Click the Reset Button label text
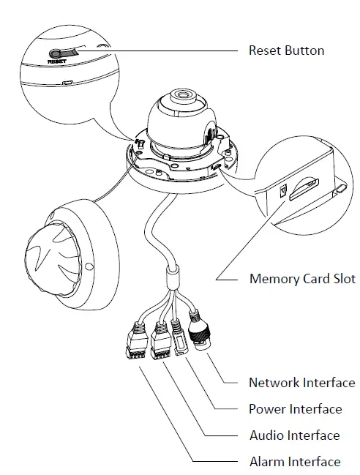pyautogui.click(x=286, y=51)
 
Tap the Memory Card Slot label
pyautogui.click(x=302, y=279)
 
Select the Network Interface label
pyautogui.click(x=301, y=383)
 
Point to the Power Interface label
pyautogui.click(x=295, y=409)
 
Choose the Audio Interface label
pyautogui.click(x=294, y=435)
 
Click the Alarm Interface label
pyautogui.click(x=294, y=462)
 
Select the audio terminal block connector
pyautogui.click(x=160, y=342)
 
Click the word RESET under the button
pyautogui.click(x=57, y=63)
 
